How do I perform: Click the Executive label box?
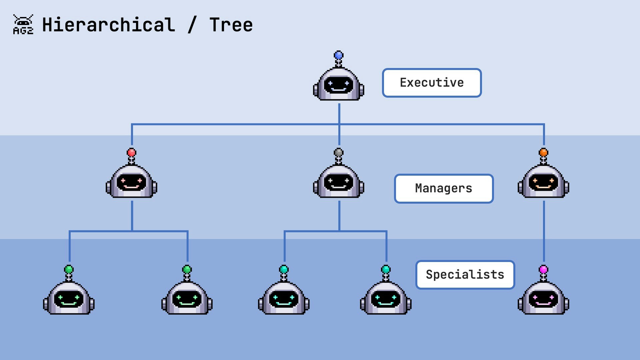[432, 83]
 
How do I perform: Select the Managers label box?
[444, 188]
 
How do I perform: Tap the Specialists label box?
[465, 275]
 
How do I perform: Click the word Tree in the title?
[231, 25]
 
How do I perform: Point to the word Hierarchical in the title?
[108, 25]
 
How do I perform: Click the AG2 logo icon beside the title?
[23, 24]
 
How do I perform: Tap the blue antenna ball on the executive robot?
[339, 55]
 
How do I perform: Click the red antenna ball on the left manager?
[132, 153]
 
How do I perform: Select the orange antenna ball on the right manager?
[543, 153]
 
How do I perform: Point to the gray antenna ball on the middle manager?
[339, 153]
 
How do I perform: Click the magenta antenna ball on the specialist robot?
[543, 269]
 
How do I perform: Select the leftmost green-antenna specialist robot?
[69, 298]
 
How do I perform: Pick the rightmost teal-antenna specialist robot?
[386, 298]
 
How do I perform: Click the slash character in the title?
[192, 25]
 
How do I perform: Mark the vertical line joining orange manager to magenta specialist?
[544, 232]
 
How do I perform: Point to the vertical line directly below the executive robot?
[339, 113]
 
